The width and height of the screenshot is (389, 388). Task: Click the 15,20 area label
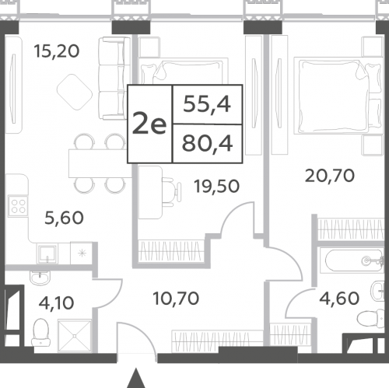(57, 51)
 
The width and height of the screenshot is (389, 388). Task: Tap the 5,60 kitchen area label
(64, 218)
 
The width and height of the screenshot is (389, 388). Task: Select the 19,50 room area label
(217, 187)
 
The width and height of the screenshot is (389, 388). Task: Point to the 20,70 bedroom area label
(330, 176)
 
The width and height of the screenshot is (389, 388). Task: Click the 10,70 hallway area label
(176, 298)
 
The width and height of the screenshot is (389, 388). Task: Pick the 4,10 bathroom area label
(56, 302)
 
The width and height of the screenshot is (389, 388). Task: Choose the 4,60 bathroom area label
(339, 298)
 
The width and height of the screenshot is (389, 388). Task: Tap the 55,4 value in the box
(207, 104)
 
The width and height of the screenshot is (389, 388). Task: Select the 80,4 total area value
(207, 144)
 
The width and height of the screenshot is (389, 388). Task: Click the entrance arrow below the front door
(136, 378)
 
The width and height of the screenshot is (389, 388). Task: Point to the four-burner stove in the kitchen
(18, 206)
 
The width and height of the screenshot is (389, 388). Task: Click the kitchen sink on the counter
(47, 253)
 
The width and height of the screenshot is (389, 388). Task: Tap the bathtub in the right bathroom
(352, 260)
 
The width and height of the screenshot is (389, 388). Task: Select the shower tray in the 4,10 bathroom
(75, 336)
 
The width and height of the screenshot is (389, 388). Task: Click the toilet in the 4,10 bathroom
(41, 332)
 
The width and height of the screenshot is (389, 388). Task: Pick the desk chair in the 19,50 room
(171, 191)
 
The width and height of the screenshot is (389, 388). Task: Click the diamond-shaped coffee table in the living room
(75, 92)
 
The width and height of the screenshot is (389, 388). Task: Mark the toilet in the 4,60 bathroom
(370, 318)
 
